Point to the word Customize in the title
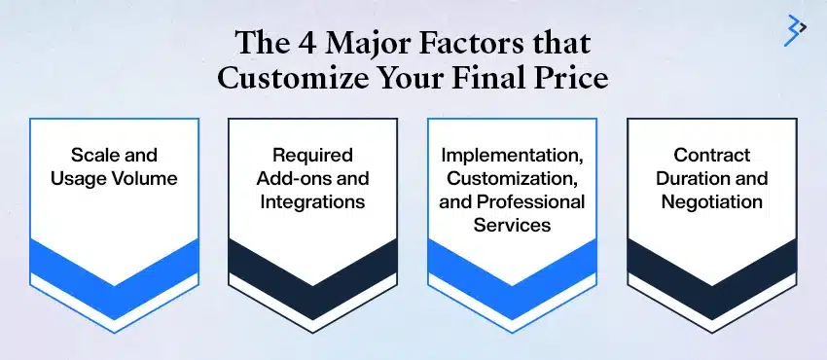click(294, 78)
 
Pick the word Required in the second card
click(312, 155)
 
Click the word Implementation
click(512, 155)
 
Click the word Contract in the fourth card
click(711, 155)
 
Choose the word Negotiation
click(711, 201)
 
